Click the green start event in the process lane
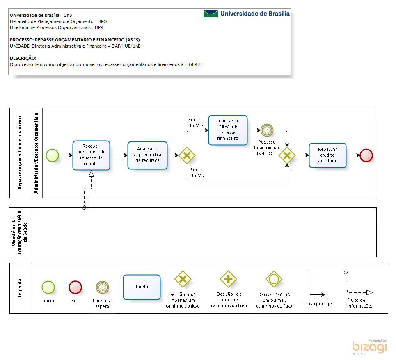tap(52, 155)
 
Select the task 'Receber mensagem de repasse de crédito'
tap(91, 155)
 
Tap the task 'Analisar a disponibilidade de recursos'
tap(147, 155)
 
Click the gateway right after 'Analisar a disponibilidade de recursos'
tap(187, 155)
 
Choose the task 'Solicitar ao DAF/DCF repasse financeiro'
tap(228, 130)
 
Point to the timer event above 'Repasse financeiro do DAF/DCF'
tap(267, 130)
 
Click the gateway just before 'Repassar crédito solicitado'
tap(287, 155)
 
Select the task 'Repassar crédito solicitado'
tap(327, 155)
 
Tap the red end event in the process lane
tap(366, 155)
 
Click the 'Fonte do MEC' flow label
tap(196, 123)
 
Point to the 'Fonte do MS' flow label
tap(197, 173)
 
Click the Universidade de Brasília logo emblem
tap(211, 14)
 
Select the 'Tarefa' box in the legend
tap(142, 287)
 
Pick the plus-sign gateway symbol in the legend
tap(228, 279)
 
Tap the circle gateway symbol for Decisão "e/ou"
tap(274, 279)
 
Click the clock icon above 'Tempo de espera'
tap(102, 287)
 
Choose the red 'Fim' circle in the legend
tap(75, 287)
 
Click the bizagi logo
tap(369, 347)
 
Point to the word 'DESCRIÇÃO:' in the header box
tap(23, 58)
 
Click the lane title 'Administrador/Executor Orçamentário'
tap(37, 153)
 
